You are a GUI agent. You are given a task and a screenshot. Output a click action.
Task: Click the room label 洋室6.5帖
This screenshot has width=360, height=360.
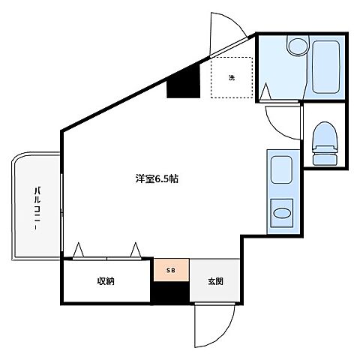point(157,180)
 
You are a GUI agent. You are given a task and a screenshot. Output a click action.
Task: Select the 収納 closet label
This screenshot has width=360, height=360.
point(105,281)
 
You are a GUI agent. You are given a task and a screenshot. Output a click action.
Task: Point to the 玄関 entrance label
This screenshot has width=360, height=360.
point(215,282)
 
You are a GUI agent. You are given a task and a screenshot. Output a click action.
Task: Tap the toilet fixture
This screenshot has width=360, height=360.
point(324,142)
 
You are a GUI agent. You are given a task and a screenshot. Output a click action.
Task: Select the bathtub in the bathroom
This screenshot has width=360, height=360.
point(326,67)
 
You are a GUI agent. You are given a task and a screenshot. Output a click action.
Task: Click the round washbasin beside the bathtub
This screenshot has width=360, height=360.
point(296,46)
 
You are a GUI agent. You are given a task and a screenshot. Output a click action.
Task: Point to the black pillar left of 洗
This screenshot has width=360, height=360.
point(184,81)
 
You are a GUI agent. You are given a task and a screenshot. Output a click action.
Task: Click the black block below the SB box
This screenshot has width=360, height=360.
point(171,294)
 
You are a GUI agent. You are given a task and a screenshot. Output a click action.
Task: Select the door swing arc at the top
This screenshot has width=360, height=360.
point(225,30)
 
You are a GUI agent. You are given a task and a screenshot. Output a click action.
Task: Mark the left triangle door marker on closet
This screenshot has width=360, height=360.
point(79,249)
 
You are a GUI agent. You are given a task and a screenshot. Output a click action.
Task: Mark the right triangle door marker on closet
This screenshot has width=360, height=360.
point(135,249)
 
